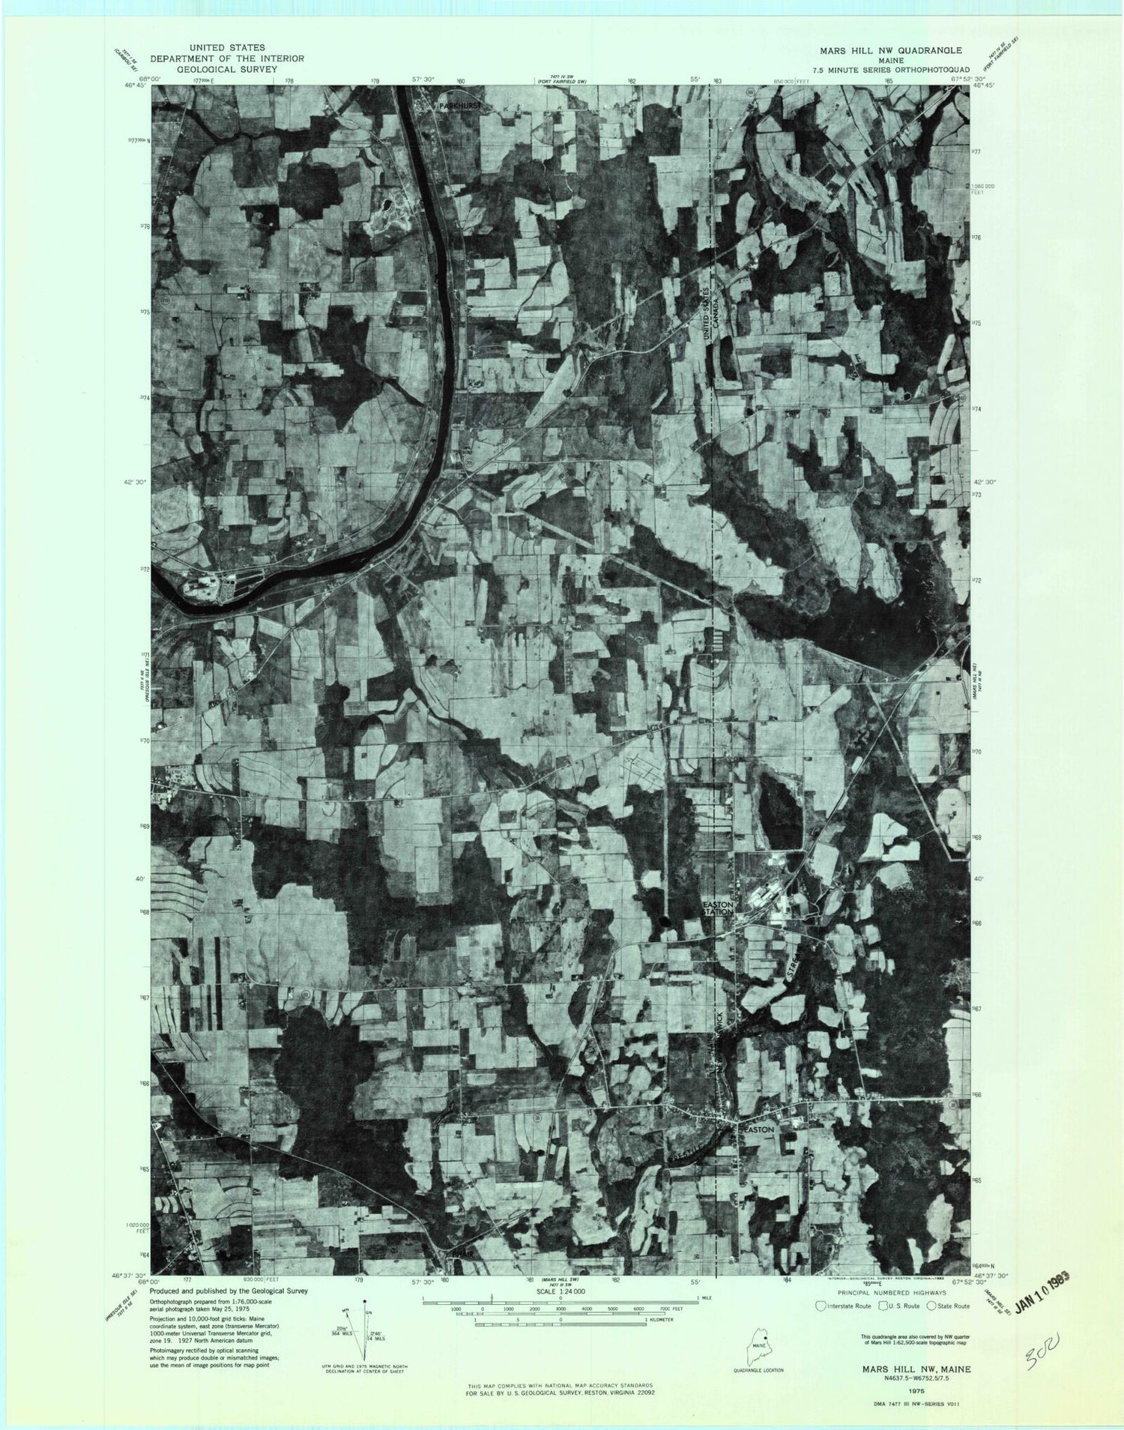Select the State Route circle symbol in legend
pos(931,1306)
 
